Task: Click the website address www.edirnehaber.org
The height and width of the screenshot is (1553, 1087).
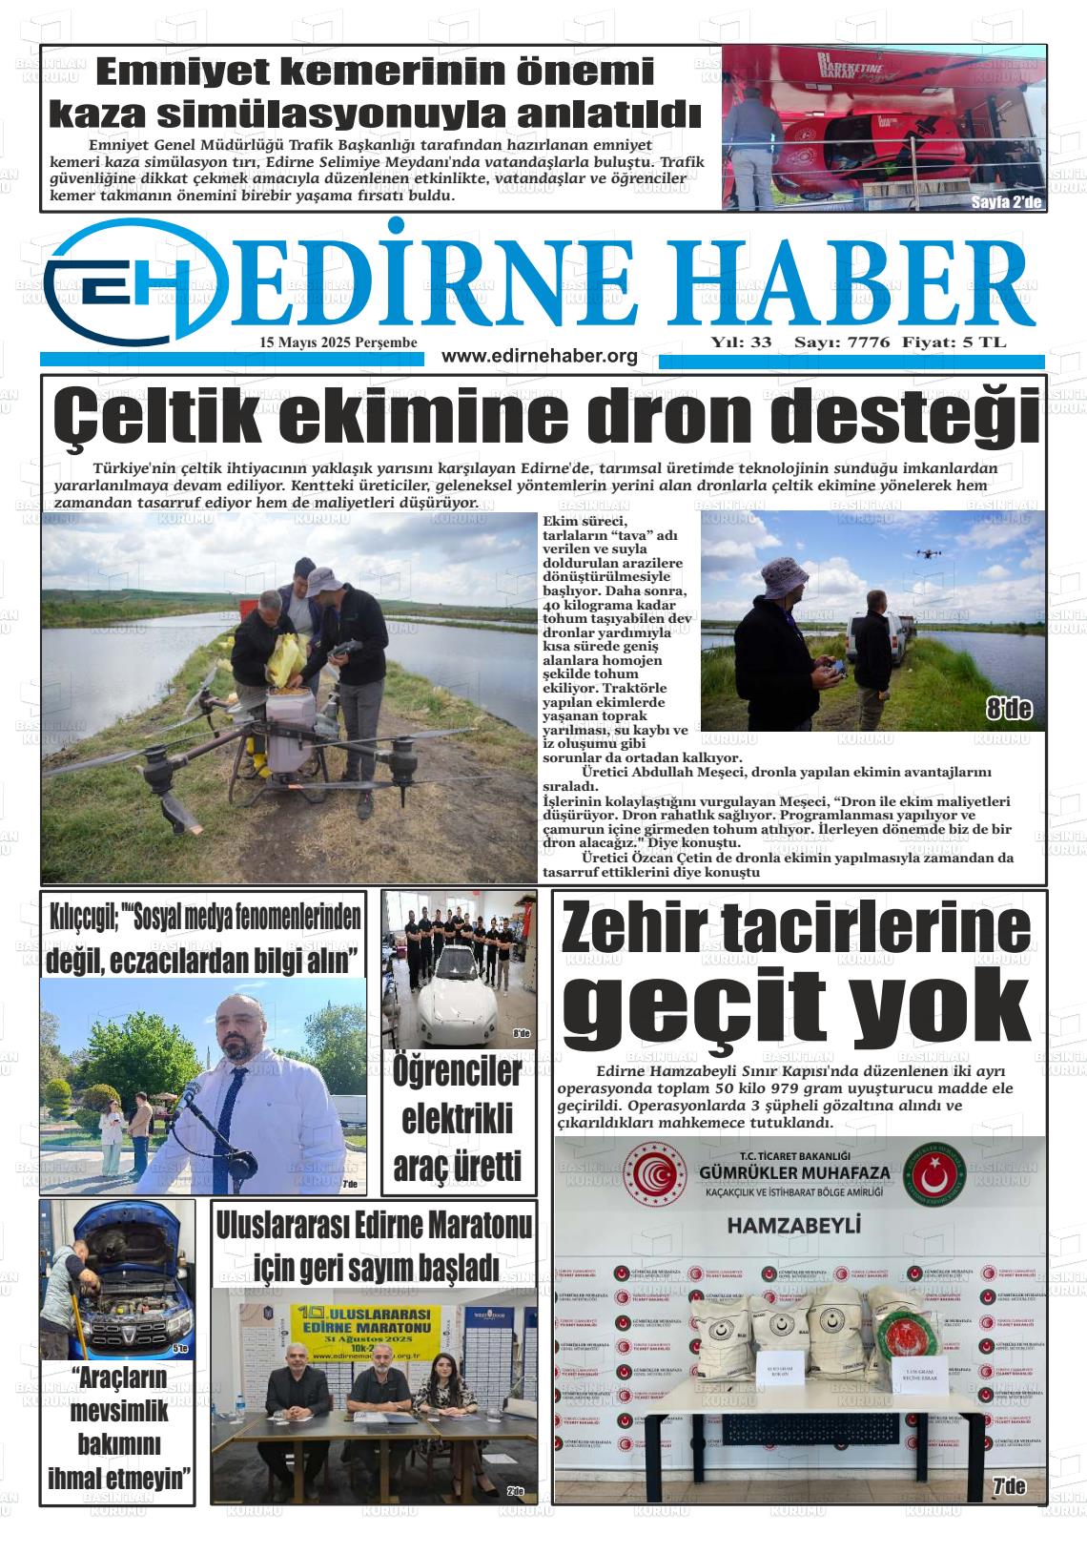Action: (x=539, y=357)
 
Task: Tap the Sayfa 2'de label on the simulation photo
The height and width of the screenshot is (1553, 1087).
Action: (x=1007, y=202)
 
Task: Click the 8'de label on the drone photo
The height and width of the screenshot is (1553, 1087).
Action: (x=1009, y=709)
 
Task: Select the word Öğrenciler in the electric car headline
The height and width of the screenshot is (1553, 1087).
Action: (x=458, y=1071)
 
